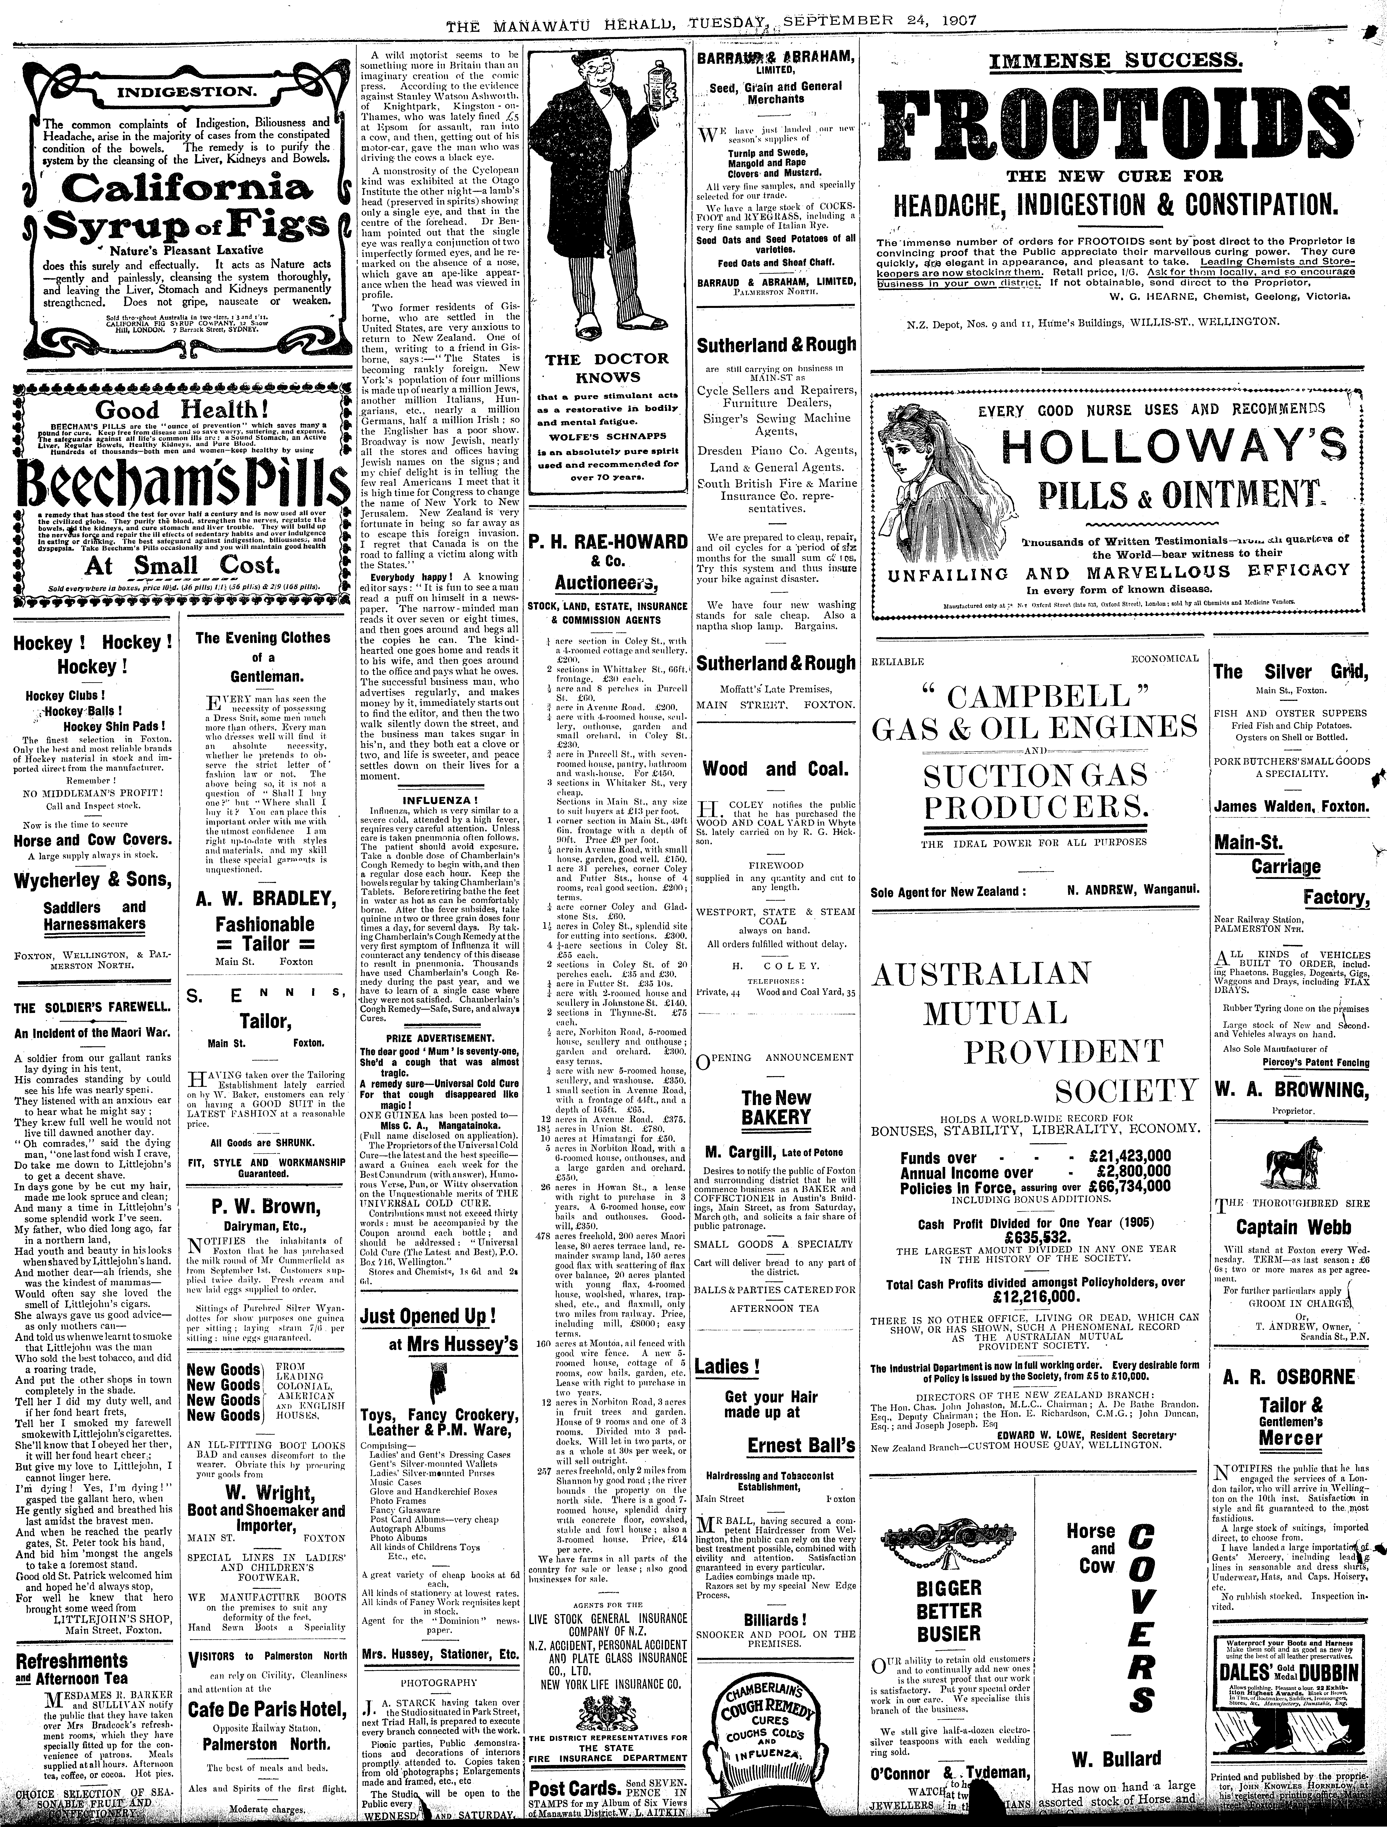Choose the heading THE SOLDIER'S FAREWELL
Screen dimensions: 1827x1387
[x=91, y=1008]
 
